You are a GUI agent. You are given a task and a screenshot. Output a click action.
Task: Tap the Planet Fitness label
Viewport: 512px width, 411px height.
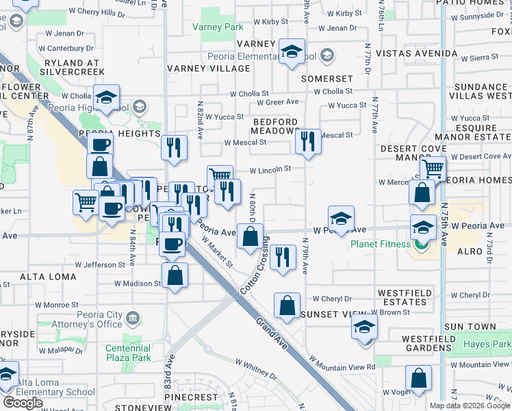coord(381,244)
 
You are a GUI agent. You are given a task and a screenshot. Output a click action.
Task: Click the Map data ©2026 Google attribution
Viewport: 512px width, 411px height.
coord(470,405)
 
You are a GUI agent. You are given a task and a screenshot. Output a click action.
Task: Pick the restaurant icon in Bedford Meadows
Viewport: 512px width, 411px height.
coord(308,142)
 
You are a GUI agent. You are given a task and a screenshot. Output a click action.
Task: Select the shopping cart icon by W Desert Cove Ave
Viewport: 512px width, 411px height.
coord(433,168)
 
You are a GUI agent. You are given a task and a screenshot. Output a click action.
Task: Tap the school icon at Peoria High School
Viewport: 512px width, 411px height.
coord(107,97)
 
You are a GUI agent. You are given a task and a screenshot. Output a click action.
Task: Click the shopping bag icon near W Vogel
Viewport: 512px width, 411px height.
coord(418,378)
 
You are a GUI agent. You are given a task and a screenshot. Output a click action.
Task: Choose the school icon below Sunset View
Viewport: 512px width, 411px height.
coord(365,327)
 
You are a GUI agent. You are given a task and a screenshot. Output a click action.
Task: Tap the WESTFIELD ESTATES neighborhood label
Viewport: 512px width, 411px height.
coord(403,297)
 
